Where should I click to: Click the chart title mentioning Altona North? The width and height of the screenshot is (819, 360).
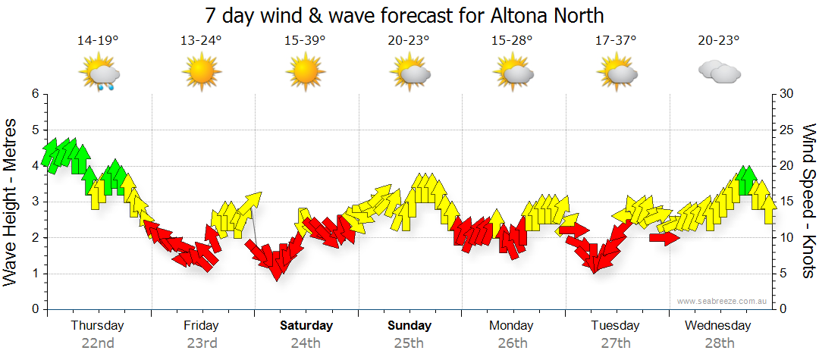[404, 15]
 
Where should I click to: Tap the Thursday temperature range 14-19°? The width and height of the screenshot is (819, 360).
[98, 42]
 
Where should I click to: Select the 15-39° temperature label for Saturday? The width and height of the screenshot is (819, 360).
[305, 42]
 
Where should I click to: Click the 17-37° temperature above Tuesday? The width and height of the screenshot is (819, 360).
[616, 42]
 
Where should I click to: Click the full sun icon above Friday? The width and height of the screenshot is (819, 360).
[201, 74]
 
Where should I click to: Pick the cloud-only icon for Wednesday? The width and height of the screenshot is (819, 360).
[719, 73]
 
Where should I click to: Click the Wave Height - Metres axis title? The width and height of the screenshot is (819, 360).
[11, 202]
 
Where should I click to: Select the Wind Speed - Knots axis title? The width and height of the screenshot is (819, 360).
[808, 201]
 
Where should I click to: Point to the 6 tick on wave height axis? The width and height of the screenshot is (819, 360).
[34, 94]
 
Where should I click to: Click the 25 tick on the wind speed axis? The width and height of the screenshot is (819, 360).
[787, 130]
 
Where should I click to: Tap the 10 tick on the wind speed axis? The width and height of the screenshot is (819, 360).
[787, 238]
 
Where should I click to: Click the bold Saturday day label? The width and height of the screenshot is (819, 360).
[306, 326]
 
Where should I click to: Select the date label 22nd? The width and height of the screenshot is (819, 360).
[98, 343]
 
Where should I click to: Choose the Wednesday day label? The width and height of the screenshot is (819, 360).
[717, 326]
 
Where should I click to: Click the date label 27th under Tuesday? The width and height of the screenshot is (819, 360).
[616, 343]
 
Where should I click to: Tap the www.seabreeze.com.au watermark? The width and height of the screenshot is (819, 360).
[723, 301]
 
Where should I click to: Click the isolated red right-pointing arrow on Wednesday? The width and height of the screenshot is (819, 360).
[664, 238]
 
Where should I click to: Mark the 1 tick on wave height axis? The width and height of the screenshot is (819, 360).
[34, 274]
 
